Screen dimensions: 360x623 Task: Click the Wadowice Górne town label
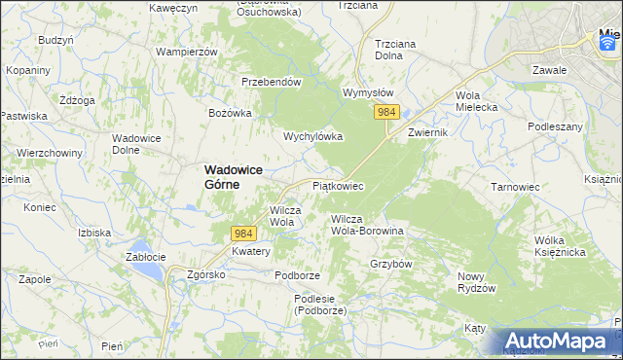235,175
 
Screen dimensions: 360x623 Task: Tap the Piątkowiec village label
338,185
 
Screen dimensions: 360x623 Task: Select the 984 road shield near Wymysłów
386,113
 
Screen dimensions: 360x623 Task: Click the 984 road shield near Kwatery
244,234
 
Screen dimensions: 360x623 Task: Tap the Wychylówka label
312,136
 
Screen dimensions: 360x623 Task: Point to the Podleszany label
555,126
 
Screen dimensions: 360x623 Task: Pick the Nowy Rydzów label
477,282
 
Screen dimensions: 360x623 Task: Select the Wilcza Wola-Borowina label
367,225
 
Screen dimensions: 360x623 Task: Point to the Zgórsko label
206,274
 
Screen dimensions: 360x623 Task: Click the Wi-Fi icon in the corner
608,42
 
